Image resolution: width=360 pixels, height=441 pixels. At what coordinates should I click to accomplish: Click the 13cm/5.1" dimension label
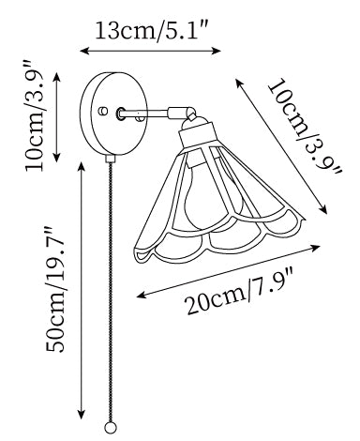[151, 31]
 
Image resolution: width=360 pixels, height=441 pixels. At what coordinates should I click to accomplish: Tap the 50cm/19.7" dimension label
[55, 289]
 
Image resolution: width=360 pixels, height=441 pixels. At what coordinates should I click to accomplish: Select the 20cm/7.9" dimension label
[240, 294]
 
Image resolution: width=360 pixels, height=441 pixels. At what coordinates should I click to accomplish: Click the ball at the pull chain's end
[110, 428]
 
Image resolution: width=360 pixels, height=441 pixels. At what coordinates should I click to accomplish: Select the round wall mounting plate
[113, 114]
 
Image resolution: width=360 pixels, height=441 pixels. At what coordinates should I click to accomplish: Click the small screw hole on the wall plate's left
[102, 111]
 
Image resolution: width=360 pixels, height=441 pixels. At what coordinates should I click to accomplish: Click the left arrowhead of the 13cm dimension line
[84, 51]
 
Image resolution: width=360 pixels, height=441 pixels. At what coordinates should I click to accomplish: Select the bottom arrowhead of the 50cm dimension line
[82, 414]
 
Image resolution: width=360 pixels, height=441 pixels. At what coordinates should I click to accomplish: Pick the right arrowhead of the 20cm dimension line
[315, 248]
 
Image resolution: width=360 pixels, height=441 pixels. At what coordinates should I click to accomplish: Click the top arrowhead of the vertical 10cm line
[56, 78]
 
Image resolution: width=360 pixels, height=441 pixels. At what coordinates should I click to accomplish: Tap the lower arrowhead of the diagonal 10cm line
[322, 209]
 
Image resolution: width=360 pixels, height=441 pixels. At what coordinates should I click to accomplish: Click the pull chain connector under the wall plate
[110, 159]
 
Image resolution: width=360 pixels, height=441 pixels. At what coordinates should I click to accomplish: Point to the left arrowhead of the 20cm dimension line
[142, 295]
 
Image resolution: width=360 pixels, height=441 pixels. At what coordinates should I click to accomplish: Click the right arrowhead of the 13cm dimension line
[217, 51]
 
